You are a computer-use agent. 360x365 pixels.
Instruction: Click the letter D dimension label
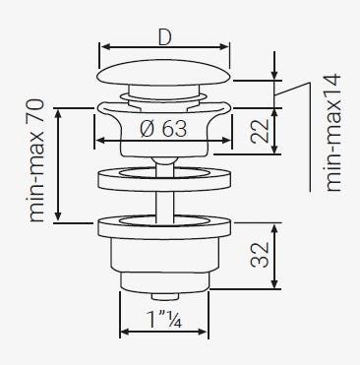(164, 37)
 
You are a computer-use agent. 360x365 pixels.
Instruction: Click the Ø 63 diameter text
(163, 128)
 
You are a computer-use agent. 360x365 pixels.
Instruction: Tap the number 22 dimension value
(260, 131)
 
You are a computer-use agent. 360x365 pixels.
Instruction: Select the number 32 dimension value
(260, 255)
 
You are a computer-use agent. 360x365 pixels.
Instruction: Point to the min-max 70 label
(35, 160)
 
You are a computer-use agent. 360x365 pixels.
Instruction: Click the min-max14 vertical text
(333, 133)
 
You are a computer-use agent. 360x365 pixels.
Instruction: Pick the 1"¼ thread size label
(164, 319)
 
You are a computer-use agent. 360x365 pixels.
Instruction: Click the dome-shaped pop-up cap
(164, 73)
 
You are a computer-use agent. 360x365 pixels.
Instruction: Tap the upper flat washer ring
(164, 179)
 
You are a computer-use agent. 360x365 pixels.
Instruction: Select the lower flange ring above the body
(164, 227)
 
